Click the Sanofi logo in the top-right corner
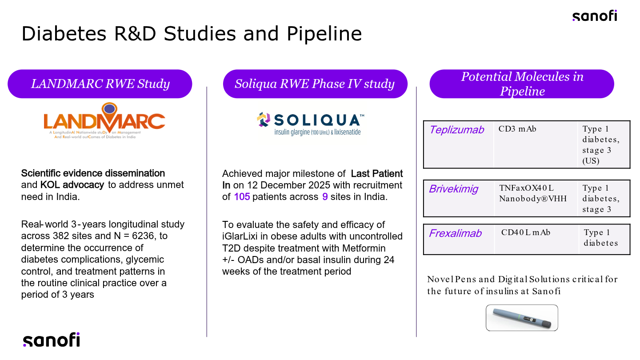(594, 16)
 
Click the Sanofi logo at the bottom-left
(51, 340)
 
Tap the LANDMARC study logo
(104, 121)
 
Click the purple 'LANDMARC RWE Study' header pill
(100, 84)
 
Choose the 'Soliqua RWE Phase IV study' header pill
(315, 84)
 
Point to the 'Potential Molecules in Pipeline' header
(522, 84)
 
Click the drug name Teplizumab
(456, 130)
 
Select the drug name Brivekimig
(453, 189)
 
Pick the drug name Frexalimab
(455, 233)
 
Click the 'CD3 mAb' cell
(517, 129)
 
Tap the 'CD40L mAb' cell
(526, 232)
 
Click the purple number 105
(242, 197)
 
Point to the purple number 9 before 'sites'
(325, 197)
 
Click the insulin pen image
(521, 318)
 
